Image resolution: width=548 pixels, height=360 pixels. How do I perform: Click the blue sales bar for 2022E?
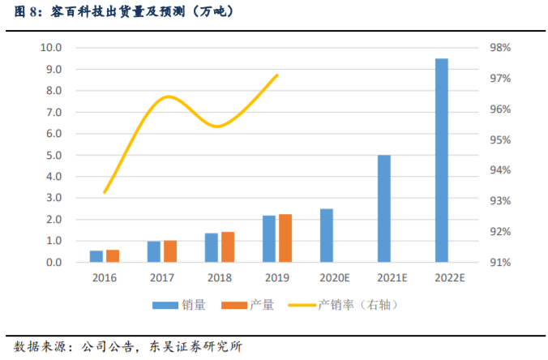coord(442,161)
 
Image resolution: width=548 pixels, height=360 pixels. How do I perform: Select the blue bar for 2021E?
coord(384,208)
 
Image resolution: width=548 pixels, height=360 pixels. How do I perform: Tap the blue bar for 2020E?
coord(327,235)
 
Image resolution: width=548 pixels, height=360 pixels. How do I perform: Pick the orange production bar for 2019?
coord(285,238)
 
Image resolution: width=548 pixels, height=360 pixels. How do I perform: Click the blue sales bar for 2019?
coord(269,239)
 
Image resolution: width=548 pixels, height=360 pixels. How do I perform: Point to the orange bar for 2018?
coord(228,247)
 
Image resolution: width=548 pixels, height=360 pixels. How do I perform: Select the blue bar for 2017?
coord(153,251)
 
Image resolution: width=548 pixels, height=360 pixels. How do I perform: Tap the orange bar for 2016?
coord(113,256)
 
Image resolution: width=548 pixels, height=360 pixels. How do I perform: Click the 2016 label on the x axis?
coord(105,277)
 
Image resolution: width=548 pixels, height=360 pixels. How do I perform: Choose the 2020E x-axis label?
coord(335,277)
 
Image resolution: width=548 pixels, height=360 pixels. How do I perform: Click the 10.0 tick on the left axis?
coord(51,48)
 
